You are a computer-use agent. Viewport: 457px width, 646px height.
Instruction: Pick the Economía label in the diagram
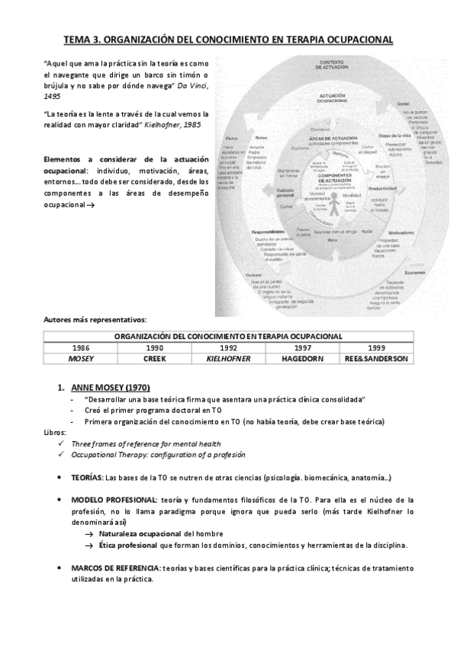416,273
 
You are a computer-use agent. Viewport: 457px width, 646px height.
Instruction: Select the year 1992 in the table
230,347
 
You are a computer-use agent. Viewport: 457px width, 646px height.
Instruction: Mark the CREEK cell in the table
154,358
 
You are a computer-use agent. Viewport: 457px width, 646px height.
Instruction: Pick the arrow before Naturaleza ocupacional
89,533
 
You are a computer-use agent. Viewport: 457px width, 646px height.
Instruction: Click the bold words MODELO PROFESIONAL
114,499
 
